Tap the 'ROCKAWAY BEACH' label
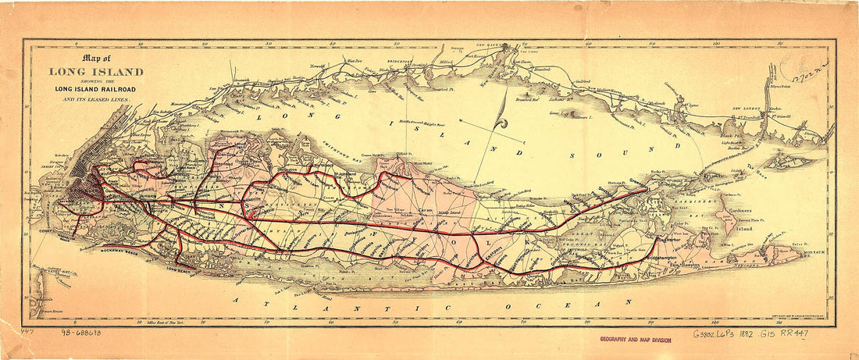coord(120,254)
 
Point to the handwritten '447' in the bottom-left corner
coord(29,330)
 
